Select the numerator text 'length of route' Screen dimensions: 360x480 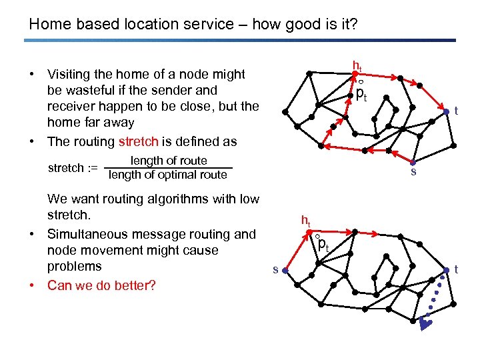click(x=169, y=161)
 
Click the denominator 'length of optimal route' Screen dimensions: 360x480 click(x=167, y=175)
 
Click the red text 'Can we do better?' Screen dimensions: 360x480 click(x=101, y=285)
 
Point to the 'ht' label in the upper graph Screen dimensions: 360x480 click(x=357, y=67)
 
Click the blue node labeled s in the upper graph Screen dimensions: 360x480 click(x=413, y=163)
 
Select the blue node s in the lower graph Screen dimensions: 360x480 click(x=285, y=270)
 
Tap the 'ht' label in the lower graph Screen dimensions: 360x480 click(x=305, y=221)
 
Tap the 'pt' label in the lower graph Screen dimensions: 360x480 click(x=323, y=245)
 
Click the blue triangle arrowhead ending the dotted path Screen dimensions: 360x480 click(x=426, y=324)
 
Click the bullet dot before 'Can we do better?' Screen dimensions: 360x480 click(x=33, y=285)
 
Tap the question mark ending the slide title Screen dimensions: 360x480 click(x=353, y=25)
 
